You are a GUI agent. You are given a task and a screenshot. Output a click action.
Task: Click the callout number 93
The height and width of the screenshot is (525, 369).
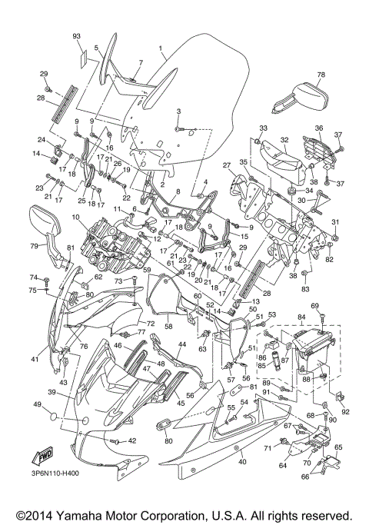point(76,37)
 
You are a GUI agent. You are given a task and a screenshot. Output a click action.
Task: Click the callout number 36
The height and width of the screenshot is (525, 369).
point(318,128)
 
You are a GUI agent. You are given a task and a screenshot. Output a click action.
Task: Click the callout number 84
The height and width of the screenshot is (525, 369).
point(301,316)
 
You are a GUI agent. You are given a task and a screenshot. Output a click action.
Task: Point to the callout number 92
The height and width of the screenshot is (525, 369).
point(345,411)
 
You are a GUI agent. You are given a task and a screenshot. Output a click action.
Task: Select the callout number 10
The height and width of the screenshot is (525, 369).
point(76,218)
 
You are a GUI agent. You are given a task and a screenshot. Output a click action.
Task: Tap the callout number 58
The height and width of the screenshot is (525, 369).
point(168,326)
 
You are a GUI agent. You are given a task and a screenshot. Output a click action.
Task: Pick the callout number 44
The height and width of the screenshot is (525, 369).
point(182,344)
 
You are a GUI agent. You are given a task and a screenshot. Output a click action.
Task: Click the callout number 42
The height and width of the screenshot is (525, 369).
point(131,440)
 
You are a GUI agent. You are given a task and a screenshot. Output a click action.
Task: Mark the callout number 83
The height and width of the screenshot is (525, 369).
point(305,288)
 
